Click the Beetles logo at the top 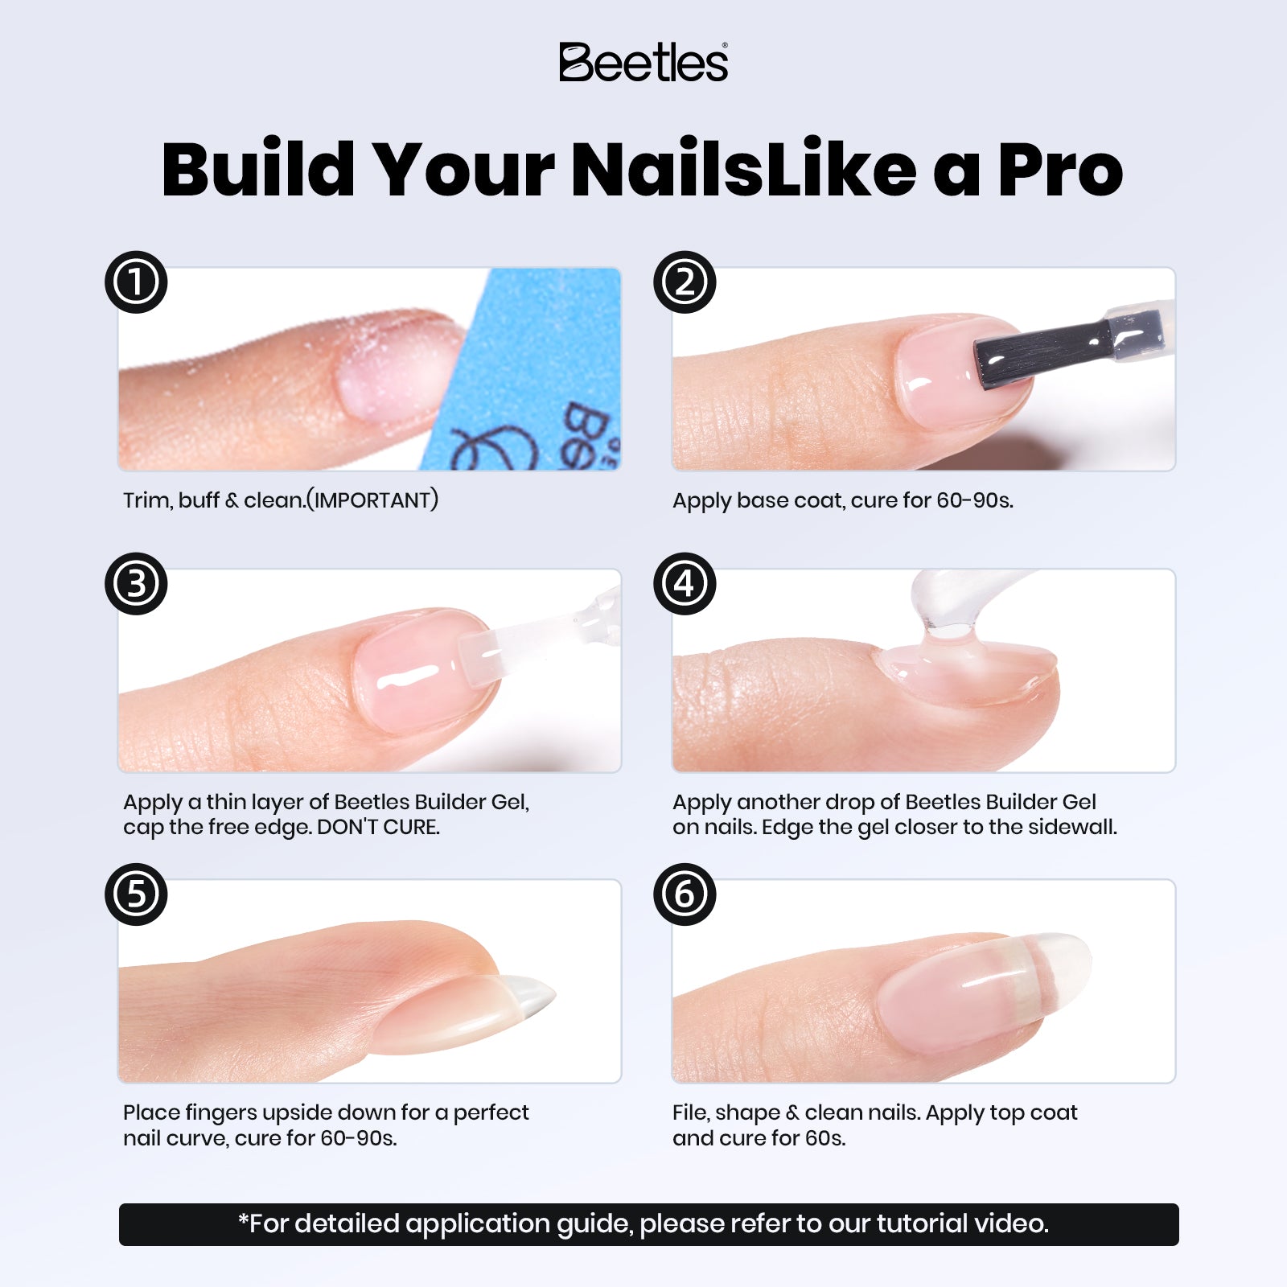[643, 63]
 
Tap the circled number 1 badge [136, 282]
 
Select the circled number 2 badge [685, 282]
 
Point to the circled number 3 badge [136, 584]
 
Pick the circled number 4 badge [685, 584]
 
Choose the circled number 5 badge [136, 894]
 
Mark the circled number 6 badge [685, 894]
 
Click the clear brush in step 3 [515, 648]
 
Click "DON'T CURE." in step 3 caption [378, 827]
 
